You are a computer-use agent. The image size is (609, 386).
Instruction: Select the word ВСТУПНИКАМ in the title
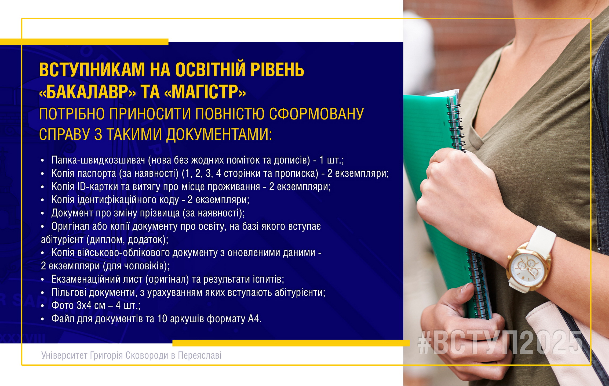point(92,70)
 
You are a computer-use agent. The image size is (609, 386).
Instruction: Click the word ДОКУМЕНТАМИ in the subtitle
point(219,134)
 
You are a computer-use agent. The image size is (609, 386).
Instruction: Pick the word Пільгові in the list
point(69,292)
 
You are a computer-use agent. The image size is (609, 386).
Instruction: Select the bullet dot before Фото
point(42,306)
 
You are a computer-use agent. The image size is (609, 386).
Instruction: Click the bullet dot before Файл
point(42,319)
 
